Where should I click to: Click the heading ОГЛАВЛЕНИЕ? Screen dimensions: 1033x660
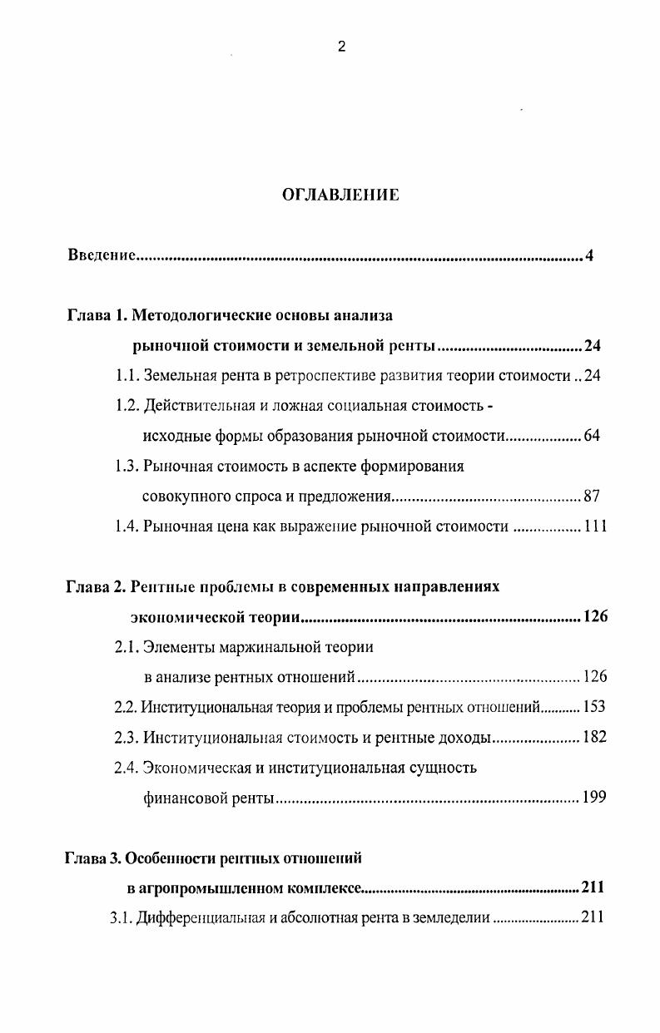click(340, 195)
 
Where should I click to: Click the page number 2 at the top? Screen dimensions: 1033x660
click(341, 47)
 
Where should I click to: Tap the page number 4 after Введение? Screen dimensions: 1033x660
click(589, 255)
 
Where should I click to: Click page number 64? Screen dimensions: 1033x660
click(592, 436)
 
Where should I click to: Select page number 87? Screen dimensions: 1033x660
click(592, 497)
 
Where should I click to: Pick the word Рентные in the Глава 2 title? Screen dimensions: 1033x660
click(161, 586)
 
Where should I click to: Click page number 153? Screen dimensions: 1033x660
click(594, 708)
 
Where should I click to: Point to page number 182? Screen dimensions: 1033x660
click(594, 738)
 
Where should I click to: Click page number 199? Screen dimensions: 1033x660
click(594, 798)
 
